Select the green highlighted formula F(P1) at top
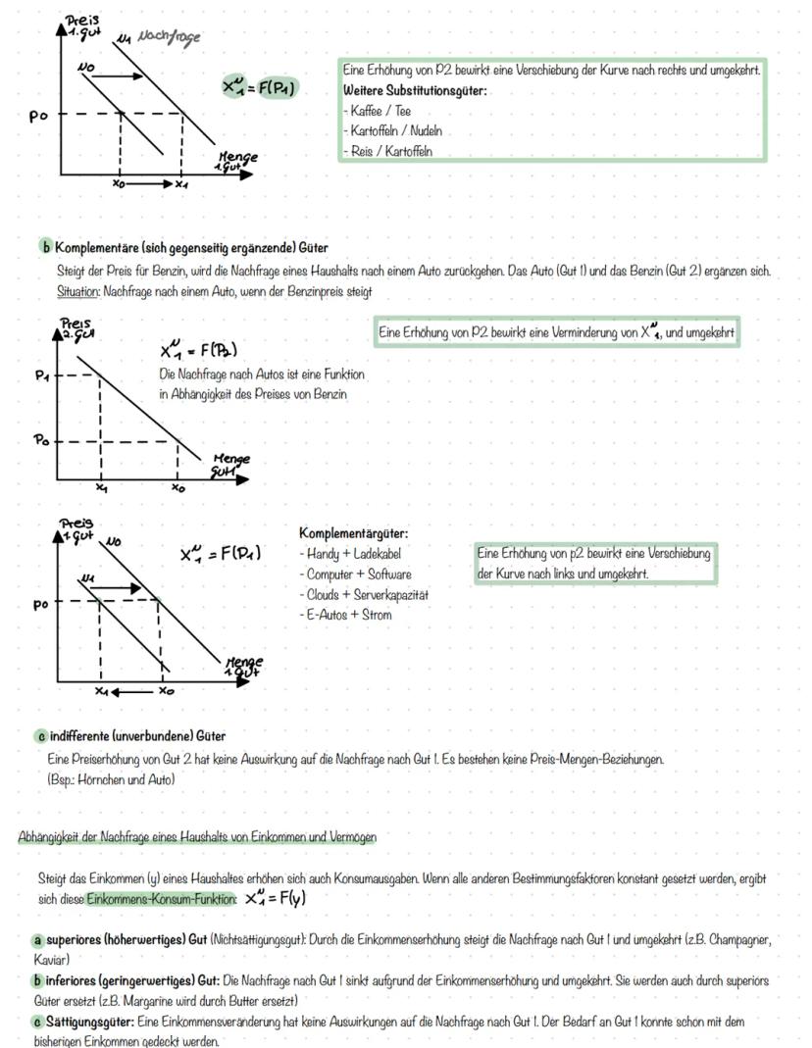[x=260, y=89]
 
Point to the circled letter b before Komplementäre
[x=45, y=247]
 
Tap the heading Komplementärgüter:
[x=353, y=533]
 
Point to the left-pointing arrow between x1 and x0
[x=131, y=691]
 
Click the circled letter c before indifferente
[x=41, y=735]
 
